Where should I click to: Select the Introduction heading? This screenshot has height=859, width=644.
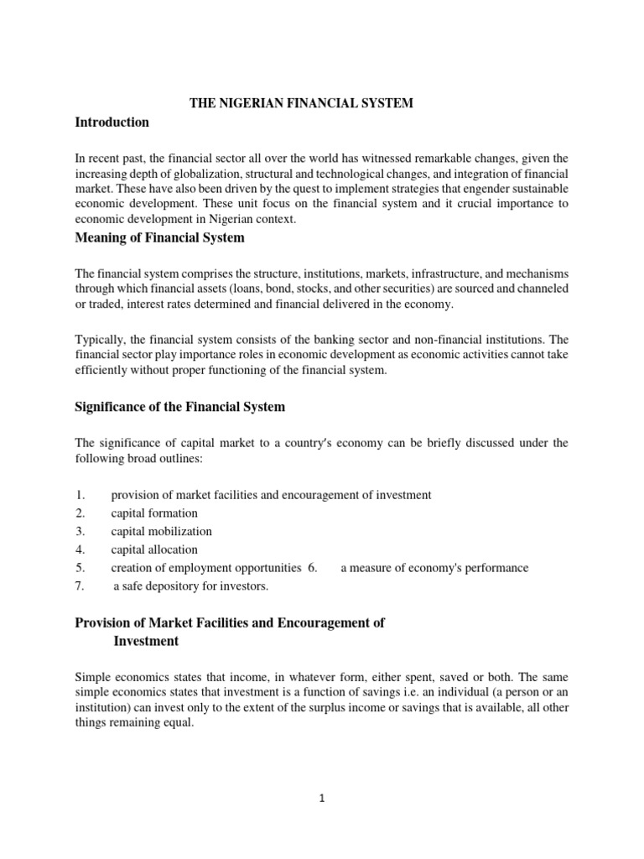tap(112, 122)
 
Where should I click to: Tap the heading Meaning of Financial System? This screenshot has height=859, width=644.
tap(160, 237)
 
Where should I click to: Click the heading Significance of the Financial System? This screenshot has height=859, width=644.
tap(180, 407)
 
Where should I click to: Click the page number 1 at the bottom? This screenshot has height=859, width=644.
tap(322, 799)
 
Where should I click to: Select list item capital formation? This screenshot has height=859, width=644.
tap(154, 513)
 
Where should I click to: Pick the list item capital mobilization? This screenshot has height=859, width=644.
tap(161, 532)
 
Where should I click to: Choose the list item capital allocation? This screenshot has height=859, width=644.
tap(154, 550)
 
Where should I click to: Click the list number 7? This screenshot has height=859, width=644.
tap(80, 587)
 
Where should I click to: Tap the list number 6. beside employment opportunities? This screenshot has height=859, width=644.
tap(313, 568)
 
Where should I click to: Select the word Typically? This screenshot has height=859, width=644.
tap(100, 340)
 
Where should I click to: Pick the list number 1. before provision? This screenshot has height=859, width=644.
tap(80, 495)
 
